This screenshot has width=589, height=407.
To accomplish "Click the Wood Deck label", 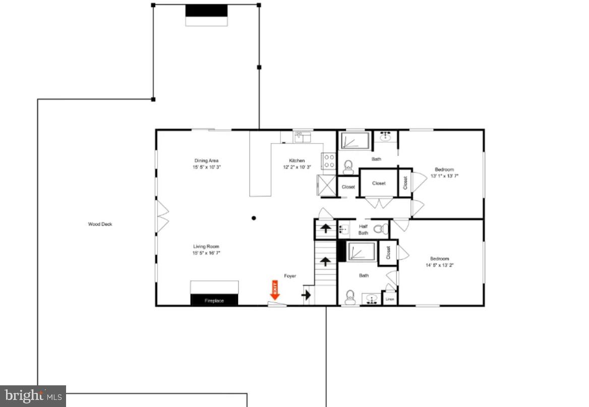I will point(100,224).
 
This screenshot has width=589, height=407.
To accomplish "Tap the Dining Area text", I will point(206,161).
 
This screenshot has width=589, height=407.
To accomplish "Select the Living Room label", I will point(206,247).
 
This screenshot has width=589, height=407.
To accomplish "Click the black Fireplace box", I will point(214,300).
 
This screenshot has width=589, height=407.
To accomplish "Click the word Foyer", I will point(290,276).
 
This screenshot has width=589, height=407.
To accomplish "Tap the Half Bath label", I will point(363,229).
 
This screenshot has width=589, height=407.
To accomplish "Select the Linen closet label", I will point(389,299).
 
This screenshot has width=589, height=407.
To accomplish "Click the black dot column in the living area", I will point(254,218).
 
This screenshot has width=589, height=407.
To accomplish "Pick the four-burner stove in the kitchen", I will point(329,161).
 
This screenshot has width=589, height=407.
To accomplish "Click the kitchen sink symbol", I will point(303,136).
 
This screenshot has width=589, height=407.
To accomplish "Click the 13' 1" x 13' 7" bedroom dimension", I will point(444,176).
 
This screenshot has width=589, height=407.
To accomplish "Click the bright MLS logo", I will point(33,396).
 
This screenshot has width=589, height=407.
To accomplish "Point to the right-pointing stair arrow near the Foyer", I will point(306,295).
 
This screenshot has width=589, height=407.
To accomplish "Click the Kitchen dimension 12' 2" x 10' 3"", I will point(297,167).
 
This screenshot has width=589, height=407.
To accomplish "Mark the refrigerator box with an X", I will point(326,185).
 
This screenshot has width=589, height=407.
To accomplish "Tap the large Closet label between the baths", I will point(379,183).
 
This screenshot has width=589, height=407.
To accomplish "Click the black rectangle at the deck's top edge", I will point(206,11).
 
